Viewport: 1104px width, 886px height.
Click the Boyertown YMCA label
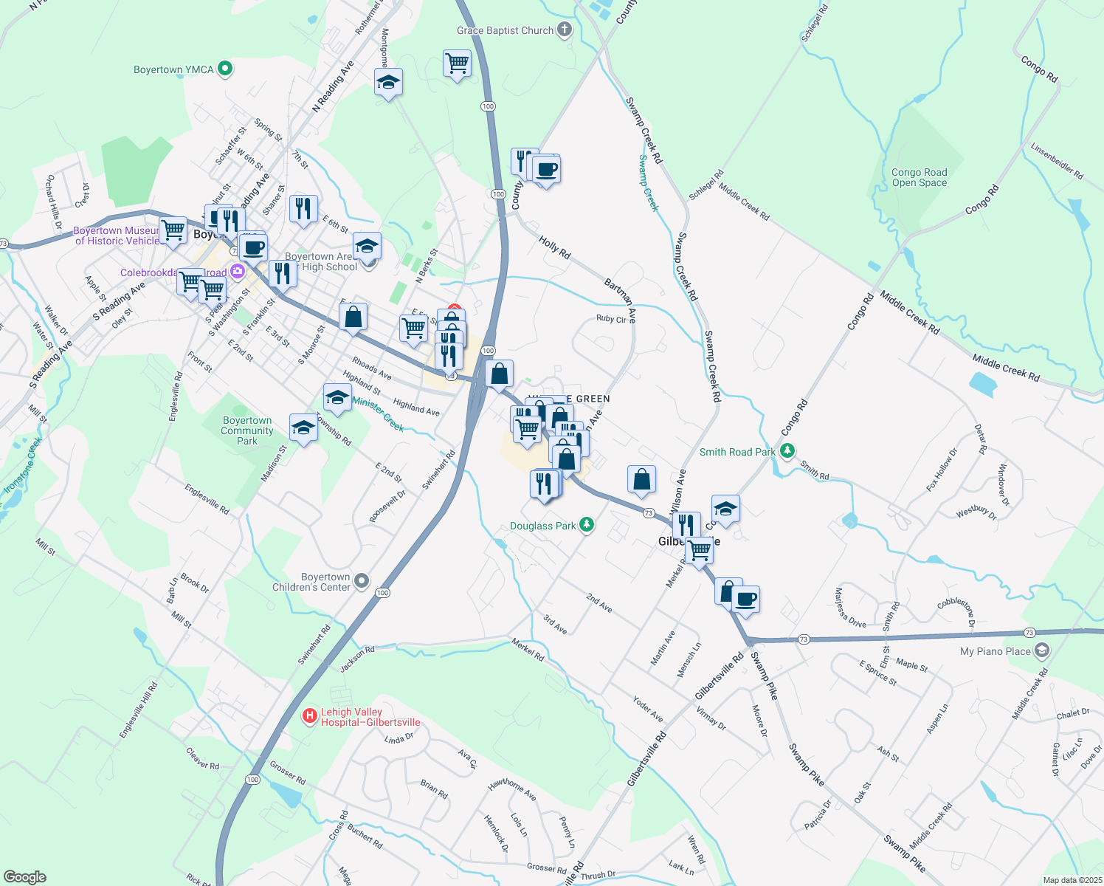pyautogui.click(x=173, y=69)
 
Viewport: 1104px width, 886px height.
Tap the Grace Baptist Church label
pyautogui.click(x=505, y=30)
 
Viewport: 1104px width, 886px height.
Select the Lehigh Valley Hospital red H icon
pyautogui.click(x=310, y=715)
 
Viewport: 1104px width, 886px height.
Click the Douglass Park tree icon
pyautogui.click(x=587, y=525)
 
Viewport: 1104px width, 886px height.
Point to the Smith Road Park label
pyautogui.click(x=737, y=452)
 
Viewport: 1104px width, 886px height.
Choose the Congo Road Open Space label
pyautogui.click(x=919, y=177)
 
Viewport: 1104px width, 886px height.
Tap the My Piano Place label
pyautogui.click(x=995, y=651)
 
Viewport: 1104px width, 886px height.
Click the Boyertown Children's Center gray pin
pyautogui.click(x=362, y=581)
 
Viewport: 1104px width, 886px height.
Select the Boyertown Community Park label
pyautogui.click(x=247, y=430)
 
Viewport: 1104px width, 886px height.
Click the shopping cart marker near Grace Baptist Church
pyautogui.click(x=457, y=63)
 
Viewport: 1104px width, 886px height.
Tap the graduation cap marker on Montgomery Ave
pyautogui.click(x=388, y=82)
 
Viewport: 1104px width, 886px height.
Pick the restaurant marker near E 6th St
pyautogui.click(x=303, y=209)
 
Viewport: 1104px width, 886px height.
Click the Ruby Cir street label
pyautogui.click(x=611, y=318)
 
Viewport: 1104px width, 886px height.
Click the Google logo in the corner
pyautogui.click(x=25, y=876)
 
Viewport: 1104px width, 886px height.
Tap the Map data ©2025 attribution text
pyautogui.click(x=1072, y=880)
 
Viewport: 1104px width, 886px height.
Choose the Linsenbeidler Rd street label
pyautogui.click(x=1057, y=159)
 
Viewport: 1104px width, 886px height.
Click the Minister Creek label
pyautogui.click(x=378, y=413)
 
